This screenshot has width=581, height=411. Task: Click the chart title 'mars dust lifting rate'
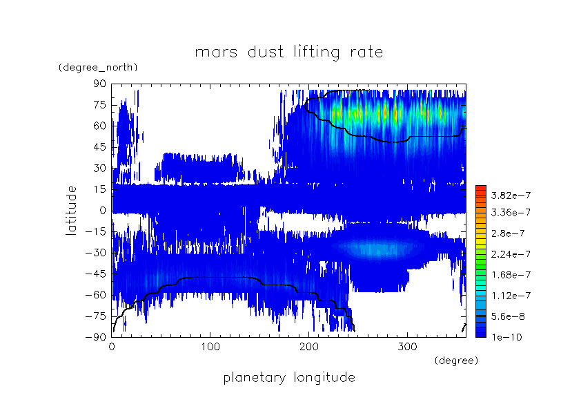tap(288, 52)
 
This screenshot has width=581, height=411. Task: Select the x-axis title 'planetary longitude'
tap(289, 378)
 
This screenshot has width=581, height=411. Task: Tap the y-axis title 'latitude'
tap(71, 210)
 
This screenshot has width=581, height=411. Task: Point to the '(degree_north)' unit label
tap(98, 67)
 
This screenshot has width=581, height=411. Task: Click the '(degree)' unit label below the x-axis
tap(455, 361)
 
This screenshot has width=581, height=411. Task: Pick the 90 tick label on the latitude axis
tap(100, 84)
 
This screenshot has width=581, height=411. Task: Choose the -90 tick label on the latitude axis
tap(97, 337)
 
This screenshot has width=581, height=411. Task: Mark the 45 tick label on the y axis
tap(100, 147)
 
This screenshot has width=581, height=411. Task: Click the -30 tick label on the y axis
tap(97, 253)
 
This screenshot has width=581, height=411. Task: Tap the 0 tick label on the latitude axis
tap(103, 211)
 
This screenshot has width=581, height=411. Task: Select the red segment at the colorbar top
tap(481, 190)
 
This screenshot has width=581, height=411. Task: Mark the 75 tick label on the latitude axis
tap(100, 105)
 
